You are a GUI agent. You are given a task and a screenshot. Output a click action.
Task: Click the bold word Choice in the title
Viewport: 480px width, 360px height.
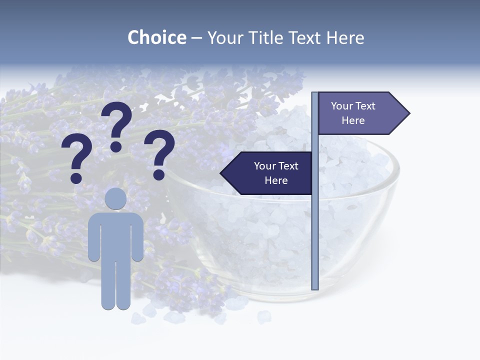(x=156, y=37)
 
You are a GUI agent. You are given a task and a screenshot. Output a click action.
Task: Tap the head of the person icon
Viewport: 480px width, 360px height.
(x=116, y=198)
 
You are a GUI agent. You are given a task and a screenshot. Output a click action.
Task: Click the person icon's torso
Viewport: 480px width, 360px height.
(x=116, y=235)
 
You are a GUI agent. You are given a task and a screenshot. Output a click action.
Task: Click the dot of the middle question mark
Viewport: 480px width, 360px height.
(x=116, y=146)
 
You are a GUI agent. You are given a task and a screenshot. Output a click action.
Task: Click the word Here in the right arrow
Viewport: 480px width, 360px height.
(x=353, y=120)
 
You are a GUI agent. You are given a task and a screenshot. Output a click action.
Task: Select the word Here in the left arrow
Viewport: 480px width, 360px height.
(x=276, y=180)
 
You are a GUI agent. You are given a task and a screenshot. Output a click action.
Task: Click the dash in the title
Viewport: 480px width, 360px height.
(x=196, y=38)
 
